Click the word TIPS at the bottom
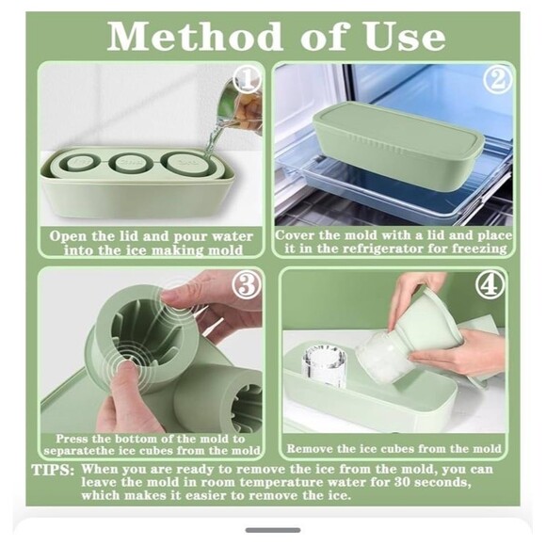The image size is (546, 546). pyautogui.click(x=54, y=469)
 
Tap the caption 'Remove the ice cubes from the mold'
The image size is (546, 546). pyautogui.click(x=394, y=449)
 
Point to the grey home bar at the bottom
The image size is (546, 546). pyautogui.click(x=273, y=530)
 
